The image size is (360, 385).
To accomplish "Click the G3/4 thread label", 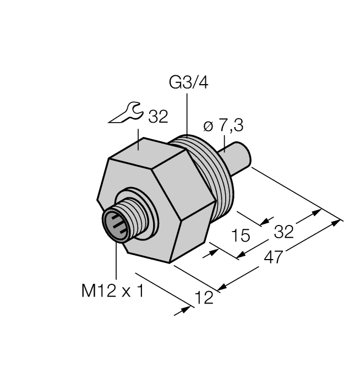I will pos(188,83).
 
